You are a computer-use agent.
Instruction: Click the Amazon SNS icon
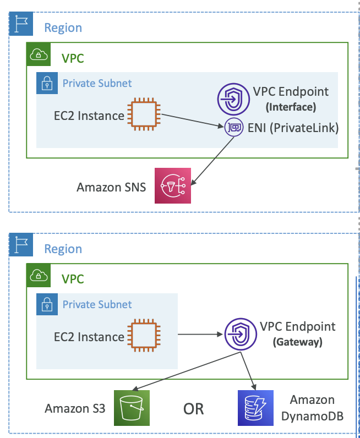(x=173, y=185)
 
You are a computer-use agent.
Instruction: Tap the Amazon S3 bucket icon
(x=132, y=408)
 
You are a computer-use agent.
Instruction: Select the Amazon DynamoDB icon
(x=255, y=408)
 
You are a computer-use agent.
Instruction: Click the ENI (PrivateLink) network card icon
(x=233, y=127)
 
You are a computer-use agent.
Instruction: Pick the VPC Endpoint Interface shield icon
(x=233, y=99)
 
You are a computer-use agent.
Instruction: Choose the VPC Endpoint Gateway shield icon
(x=241, y=334)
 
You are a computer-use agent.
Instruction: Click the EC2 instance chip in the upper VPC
(x=144, y=114)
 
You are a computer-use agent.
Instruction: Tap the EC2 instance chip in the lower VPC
(x=144, y=335)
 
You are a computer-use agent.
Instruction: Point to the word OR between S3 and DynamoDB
(x=193, y=409)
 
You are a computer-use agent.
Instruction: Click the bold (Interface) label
(x=291, y=107)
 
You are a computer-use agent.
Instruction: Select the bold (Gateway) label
(x=297, y=342)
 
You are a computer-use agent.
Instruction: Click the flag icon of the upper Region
(x=21, y=24)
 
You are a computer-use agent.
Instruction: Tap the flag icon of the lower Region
(x=21, y=244)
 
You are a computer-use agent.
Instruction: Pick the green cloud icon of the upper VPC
(x=39, y=54)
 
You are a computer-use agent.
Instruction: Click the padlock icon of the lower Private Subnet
(x=47, y=304)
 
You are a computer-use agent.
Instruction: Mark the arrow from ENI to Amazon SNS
(x=212, y=161)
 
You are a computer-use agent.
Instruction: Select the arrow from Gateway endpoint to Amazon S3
(x=186, y=371)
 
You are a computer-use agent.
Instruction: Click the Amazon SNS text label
(x=111, y=187)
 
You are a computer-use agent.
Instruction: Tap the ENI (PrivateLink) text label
(x=293, y=128)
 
